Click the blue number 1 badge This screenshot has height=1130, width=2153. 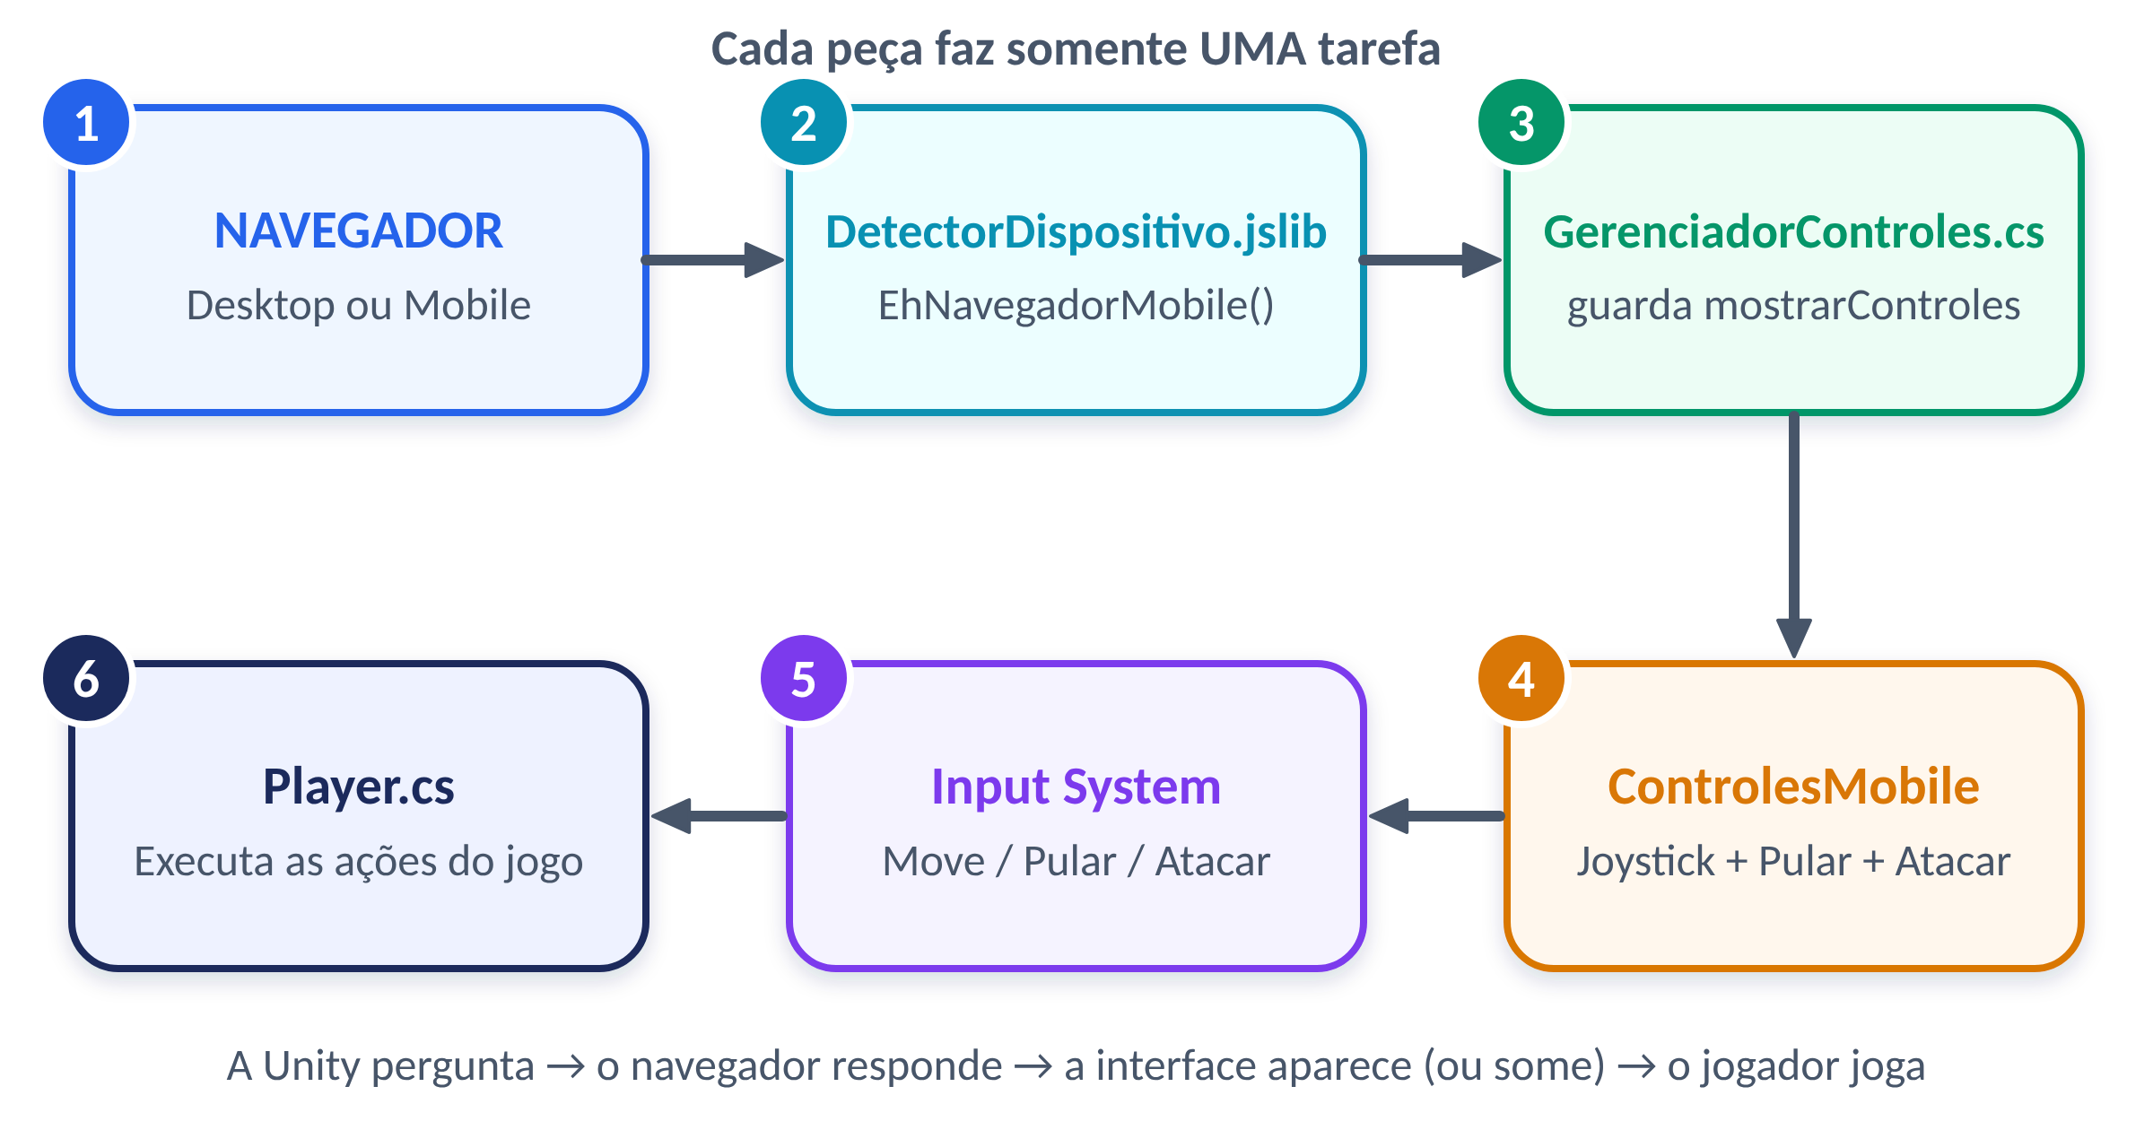pyautogui.click(x=86, y=123)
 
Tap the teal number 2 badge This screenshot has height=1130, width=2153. pyautogui.click(x=804, y=123)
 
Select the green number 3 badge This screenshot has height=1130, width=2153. pyautogui.click(x=1521, y=123)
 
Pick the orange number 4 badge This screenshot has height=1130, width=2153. pyautogui.click(x=1521, y=679)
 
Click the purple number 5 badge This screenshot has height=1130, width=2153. pyautogui.click(x=804, y=679)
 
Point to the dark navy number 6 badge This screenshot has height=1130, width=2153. pyautogui.click(x=86, y=679)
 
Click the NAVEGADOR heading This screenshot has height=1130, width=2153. pyautogui.click(x=359, y=231)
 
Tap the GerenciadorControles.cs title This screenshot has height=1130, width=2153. pyautogui.click(x=1793, y=232)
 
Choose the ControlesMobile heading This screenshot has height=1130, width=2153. pyautogui.click(x=1793, y=787)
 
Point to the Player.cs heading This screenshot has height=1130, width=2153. pyautogui.click(x=359, y=788)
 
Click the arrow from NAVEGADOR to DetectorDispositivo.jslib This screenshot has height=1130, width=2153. pyautogui.click(x=713, y=260)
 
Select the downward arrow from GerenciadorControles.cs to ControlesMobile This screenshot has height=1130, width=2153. pyautogui.click(x=1794, y=535)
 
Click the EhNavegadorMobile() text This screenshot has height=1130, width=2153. pyautogui.click(x=1076, y=306)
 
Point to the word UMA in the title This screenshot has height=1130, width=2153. pyautogui.click(x=1252, y=48)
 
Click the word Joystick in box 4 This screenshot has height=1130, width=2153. pyautogui.click(x=1646, y=862)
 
